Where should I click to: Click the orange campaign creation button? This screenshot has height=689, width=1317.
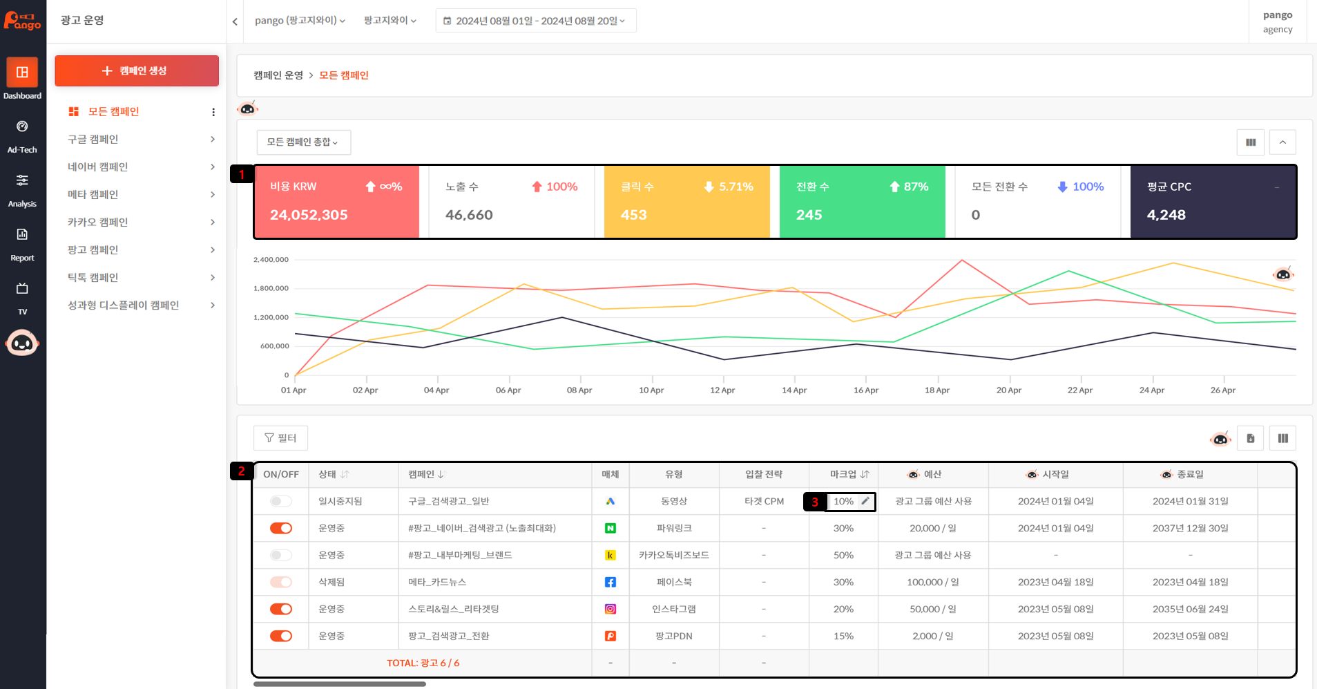pos(137,70)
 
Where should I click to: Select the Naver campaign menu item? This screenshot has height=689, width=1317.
pos(98,167)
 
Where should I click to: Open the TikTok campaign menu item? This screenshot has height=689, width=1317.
pos(93,277)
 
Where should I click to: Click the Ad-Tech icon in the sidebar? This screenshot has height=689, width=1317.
pos(22,126)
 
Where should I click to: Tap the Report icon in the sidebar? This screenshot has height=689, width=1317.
pos(22,234)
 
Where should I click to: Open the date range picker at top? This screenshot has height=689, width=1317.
pos(536,21)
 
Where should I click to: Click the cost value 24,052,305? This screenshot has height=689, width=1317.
pos(309,215)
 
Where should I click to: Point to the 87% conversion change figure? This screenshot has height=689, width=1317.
pos(916,187)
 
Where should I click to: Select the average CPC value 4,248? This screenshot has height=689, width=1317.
pos(1166,215)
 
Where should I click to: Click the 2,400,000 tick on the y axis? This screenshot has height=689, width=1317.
pos(271,260)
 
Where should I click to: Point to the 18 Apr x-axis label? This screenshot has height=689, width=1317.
pos(937,390)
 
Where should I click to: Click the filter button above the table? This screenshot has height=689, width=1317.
pos(280,438)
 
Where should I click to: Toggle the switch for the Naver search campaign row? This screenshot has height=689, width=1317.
pos(281,528)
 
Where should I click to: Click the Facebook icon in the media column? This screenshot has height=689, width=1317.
pos(611,582)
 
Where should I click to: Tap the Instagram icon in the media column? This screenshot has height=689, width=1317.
pos(611,609)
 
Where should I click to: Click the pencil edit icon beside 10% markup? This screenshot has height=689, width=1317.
pos(865,501)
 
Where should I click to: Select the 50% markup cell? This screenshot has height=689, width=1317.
pos(843,555)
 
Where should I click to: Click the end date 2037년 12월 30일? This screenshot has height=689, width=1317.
pos(1191,528)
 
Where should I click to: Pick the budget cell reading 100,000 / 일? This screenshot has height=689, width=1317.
pos(933,582)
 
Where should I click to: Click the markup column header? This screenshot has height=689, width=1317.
pos(849,474)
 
